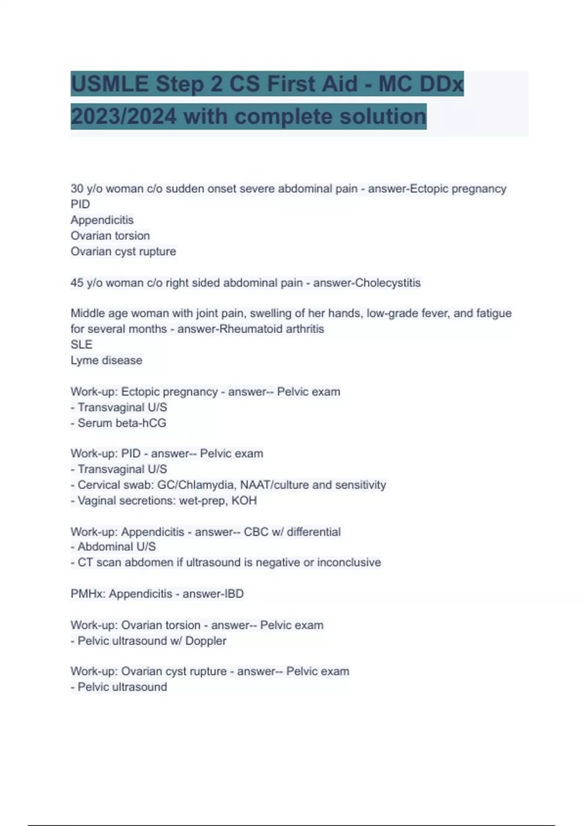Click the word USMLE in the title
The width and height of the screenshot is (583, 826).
pos(110,84)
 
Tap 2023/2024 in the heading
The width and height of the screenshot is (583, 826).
pos(123,117)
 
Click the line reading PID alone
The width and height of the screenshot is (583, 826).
pos(80,204)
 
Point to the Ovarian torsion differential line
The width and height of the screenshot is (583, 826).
pos(110,236)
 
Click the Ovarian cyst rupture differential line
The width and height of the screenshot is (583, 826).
pos(123,251)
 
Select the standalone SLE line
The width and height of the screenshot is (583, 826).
pos(81,344)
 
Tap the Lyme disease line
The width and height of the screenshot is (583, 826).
pos(106,361)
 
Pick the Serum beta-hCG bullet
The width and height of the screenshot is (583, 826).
pos(121,423)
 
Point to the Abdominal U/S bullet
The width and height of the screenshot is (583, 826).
pos(117,547)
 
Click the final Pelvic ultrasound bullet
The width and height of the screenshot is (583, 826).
pos(122,687)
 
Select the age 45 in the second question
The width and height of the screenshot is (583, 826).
pos(77,283)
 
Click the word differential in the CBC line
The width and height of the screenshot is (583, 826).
pos(313,532)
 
